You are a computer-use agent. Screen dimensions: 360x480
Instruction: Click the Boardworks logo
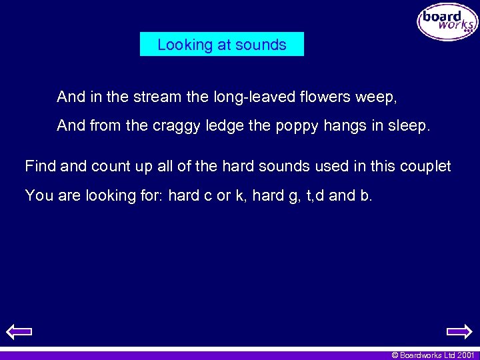[x=447, y=22]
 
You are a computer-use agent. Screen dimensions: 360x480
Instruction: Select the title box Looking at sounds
[x=221, y=45]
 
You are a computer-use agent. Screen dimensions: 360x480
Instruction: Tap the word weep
[x=376, y=97]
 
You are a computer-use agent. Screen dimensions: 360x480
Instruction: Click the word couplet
[x=425, y=166]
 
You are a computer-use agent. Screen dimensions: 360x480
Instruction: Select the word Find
[x=40, y=166]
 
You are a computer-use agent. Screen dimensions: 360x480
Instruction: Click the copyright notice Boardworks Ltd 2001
[x=433, y=355]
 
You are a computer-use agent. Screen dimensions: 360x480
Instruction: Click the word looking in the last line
[x=111, y=196]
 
